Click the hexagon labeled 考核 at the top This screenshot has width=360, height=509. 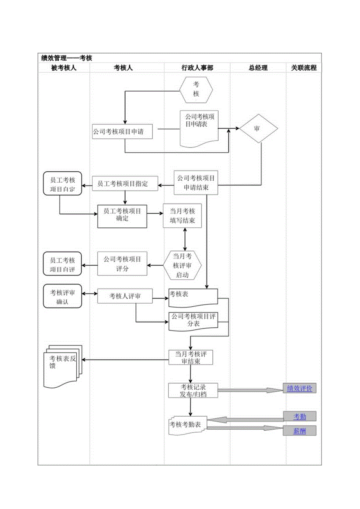(x=196, y=89)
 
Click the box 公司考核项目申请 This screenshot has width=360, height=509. (x=122, y=132)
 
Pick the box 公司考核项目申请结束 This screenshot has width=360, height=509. (x=196, y=183)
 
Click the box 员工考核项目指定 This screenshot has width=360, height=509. (x=125, y=183)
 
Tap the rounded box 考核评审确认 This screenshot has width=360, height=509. (x=63, y=297)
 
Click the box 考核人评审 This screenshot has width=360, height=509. (x=125, y=297)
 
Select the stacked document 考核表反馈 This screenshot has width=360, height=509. (x=61, y=365)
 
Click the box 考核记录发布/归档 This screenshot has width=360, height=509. (x=193, y=390)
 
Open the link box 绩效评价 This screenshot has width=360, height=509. (x=299, y=388)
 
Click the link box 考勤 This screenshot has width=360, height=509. (x=299, y=416)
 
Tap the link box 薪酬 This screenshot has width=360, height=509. (x=299, y=431)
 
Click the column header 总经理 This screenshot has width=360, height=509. (x=258, y=68)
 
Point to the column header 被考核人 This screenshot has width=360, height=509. (x=64, y=68)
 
